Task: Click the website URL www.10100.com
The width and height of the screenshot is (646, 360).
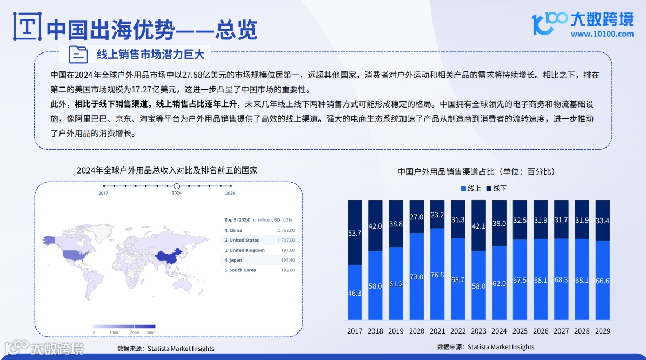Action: point(602,34)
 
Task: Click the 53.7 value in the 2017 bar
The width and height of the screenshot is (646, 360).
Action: point(355,233)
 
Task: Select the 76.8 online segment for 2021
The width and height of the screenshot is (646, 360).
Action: point(437,275)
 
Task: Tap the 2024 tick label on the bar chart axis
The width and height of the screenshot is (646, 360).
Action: point(499,331)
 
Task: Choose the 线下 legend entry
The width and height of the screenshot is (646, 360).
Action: point(496,189)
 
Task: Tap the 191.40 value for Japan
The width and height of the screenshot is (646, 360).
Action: point(287,260)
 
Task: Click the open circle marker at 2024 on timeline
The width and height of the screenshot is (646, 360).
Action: point(177,186)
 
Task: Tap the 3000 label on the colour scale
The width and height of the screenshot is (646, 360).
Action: point(151,332)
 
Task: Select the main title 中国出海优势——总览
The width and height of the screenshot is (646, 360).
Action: point(152,29)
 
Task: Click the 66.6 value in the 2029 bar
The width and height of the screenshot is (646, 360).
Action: point(602,281)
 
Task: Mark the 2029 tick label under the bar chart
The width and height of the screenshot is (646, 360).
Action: point(602,331)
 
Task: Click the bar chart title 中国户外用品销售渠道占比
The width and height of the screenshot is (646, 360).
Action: point(476,171)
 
